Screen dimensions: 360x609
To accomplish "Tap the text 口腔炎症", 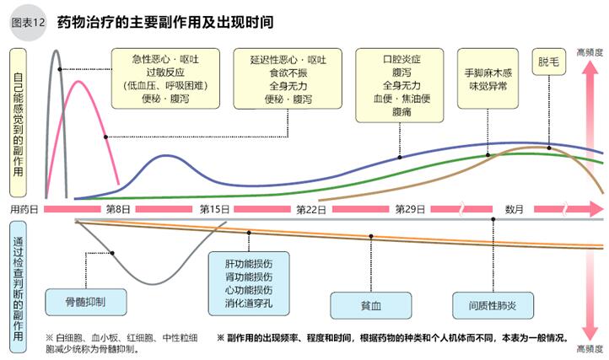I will (400, 58).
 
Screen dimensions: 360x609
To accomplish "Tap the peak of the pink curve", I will (78, 81).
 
